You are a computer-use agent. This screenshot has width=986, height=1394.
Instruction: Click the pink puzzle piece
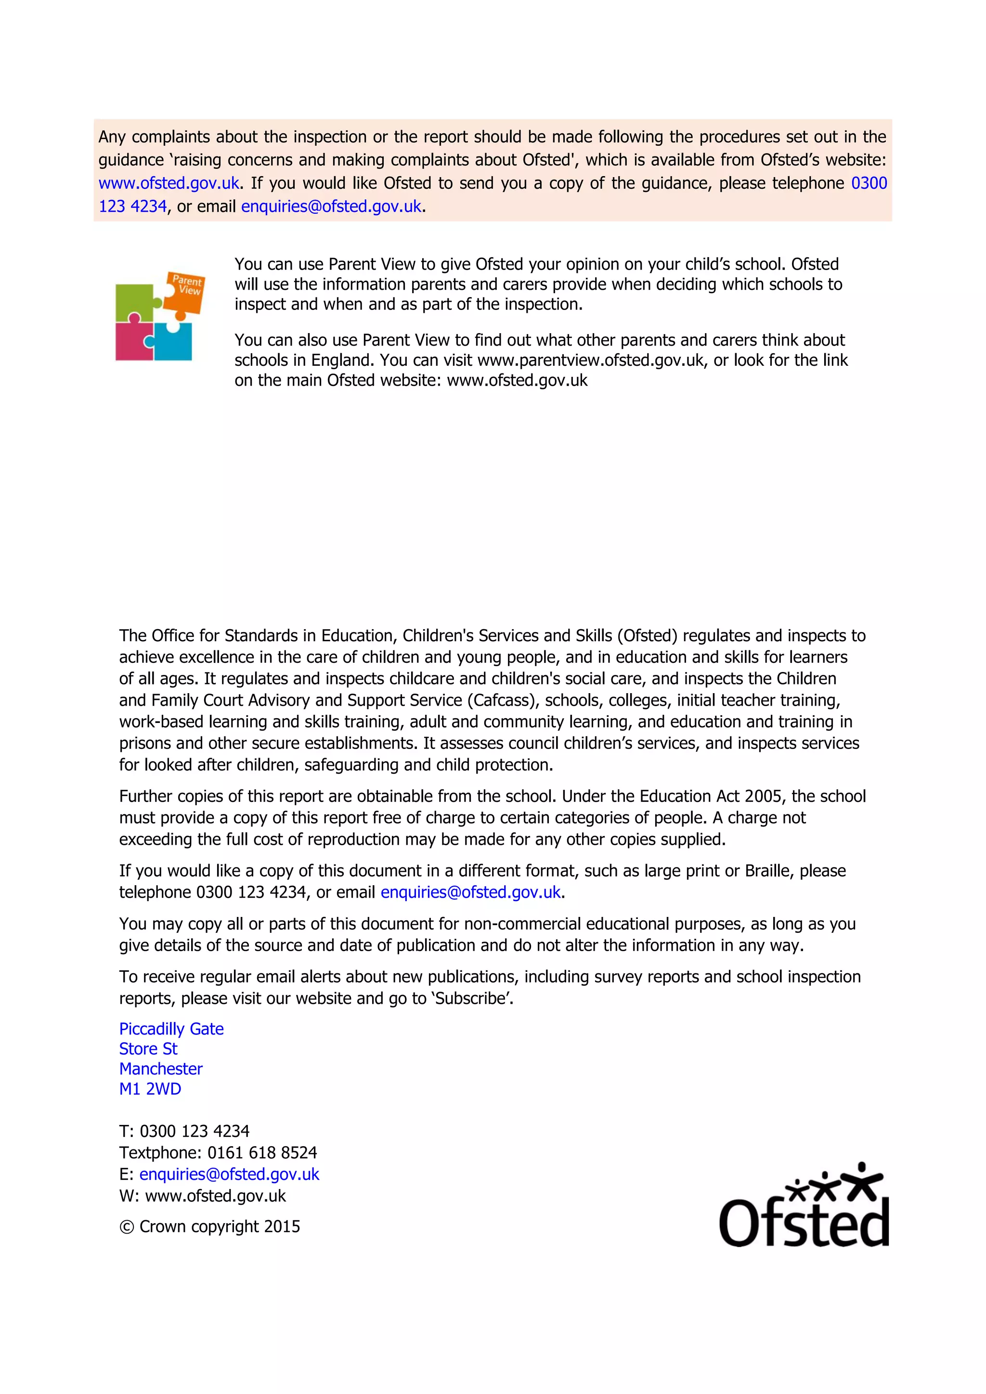tap(133, 341)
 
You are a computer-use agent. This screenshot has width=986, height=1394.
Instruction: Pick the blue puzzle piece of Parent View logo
tap(174, 342)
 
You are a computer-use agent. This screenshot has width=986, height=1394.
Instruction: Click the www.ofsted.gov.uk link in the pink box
tap(169, 183)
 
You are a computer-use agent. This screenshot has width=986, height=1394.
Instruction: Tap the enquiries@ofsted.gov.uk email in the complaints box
tap(331, 207)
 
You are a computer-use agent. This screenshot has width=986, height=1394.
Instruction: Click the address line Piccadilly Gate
tap(171, 1029)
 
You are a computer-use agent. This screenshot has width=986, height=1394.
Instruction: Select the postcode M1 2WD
tap(150, 1089)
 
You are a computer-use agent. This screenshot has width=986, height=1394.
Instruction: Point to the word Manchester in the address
tap(161, 1069)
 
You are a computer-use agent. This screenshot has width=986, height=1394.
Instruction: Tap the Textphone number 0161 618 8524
tap(262, 1152)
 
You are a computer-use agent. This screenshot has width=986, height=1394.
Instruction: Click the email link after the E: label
tap(229, 1174)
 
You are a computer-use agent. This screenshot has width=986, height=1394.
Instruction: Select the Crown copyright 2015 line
tap(210, 1226)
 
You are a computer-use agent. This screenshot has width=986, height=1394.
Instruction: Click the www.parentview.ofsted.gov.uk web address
tap(590, 360)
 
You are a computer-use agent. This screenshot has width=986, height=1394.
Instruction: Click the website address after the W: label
tap(216, 1196)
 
